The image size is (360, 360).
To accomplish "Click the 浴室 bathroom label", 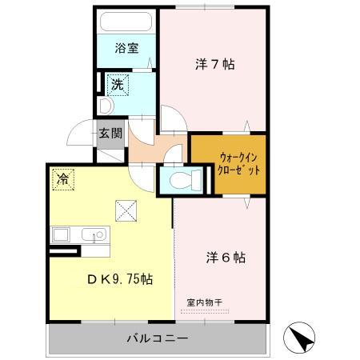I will (x=126, y=48).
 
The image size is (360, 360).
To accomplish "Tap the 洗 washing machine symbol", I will (x=117, y=83).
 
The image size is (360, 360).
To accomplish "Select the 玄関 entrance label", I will (x=110, y=134).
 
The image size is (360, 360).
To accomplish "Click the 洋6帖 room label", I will (x=225, y=258).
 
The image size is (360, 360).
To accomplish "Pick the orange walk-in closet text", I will (x=230, y=166).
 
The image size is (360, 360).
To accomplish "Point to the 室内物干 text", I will (x=205, y=301).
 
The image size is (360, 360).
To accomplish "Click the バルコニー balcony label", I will (x=157, y=338).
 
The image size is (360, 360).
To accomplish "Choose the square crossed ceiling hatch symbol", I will (x=126, y=210).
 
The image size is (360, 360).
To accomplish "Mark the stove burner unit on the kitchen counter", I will (x=62, y=235).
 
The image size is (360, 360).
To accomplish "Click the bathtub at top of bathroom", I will (x=126, y=22).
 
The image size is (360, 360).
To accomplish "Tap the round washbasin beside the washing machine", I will (x=104, y=105).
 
